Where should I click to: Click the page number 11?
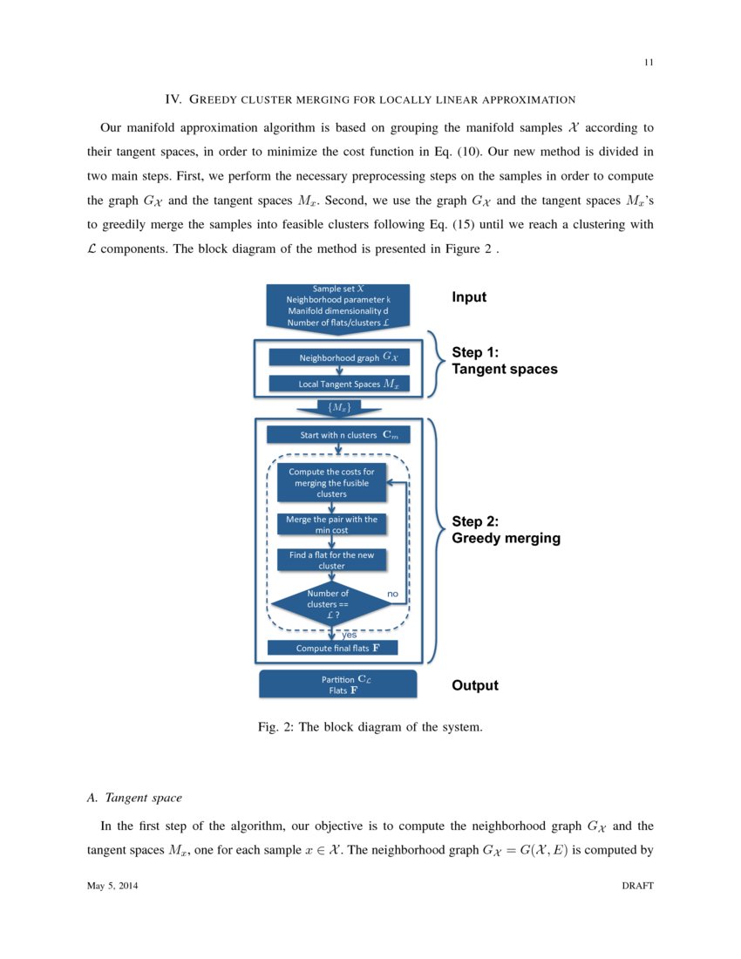[649, 62]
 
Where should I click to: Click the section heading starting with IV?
[370, 99]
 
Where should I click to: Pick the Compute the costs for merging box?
[331, 483]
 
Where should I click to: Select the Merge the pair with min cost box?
[331, 524]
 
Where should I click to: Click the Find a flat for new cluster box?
[331, 560]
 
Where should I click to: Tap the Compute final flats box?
[332, 648]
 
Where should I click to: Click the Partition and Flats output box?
[338, 684]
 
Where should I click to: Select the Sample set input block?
[338, 305]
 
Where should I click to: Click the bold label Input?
[469, 297]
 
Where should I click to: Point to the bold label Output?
[475, 685]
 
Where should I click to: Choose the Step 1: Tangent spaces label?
[504, 361]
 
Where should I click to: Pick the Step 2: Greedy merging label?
[506, 530]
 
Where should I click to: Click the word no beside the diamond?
[392, 593]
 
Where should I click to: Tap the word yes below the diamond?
[350, 635]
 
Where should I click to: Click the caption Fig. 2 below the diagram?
[370, 727]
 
